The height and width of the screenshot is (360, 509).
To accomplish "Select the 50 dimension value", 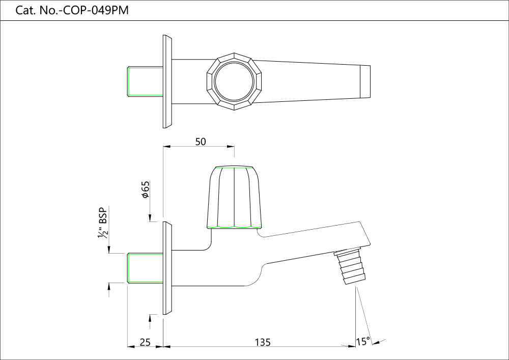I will click(201, 142).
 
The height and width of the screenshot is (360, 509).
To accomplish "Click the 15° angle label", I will click(362, 342).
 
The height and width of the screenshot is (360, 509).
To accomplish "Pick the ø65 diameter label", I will click(145, 189).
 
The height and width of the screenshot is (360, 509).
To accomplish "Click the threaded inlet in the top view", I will click(145, 80).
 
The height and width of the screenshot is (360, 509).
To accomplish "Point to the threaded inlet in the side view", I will click(145, 267).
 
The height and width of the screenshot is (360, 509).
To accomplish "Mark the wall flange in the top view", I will click(167, 81).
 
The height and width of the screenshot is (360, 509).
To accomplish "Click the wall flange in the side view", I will click(167, 268).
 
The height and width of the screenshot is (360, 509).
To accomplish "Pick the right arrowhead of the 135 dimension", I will click(352, 346).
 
